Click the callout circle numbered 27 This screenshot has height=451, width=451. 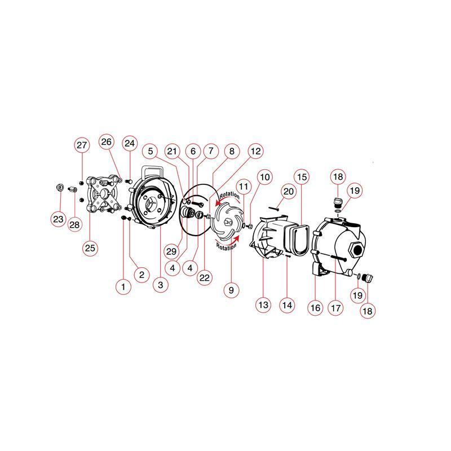pos(82,145)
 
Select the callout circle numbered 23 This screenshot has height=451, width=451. pos(58,219)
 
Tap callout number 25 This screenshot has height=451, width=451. pos(90,247)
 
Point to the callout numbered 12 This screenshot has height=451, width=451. pos(256,151)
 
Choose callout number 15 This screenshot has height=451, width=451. pos(302,176)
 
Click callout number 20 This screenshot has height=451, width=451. pos(289,192)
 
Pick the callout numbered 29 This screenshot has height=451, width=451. pos(171,251)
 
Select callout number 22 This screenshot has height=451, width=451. pos(205,277)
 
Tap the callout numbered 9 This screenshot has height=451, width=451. pos(231,290)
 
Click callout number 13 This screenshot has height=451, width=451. pos(263,305)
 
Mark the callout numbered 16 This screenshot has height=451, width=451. pos(315,308)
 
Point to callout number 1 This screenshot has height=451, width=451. pos(123,286)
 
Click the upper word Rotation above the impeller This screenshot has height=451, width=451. pos(229,195)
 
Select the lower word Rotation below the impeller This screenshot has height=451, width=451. pos(226,246)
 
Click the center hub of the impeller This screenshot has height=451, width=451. pos(227,222)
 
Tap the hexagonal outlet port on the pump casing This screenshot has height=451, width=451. pos(356,249)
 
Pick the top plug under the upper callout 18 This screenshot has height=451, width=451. pos(338,202)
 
